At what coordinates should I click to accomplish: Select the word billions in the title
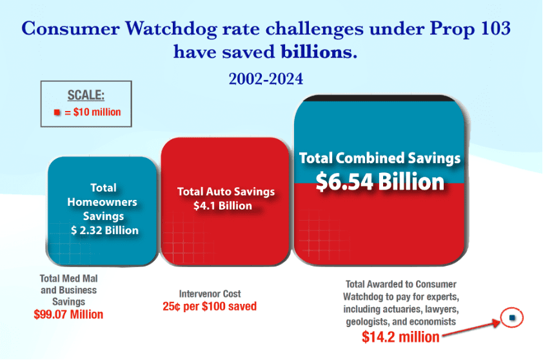pos(318,52)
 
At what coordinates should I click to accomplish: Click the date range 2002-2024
pos(266,79)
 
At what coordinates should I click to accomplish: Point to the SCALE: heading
pos(86,95)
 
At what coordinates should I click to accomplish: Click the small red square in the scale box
pos(57,112)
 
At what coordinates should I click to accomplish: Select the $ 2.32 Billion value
pos(104,230)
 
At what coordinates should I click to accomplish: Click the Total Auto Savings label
pos(226,192)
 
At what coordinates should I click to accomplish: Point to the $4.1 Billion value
pos(222,206)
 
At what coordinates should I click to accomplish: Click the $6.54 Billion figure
pos(379,181)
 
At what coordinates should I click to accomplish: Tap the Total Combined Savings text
pos(379,158)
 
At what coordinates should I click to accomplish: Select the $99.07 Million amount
pos(68,315)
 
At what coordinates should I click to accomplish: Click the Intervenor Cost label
pos(210,294)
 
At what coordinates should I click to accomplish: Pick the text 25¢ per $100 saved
pos(210,306)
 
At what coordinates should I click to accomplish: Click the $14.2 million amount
pos(400,337)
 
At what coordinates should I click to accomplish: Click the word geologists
pos(371,321)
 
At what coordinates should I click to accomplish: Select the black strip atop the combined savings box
pos(380,97)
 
